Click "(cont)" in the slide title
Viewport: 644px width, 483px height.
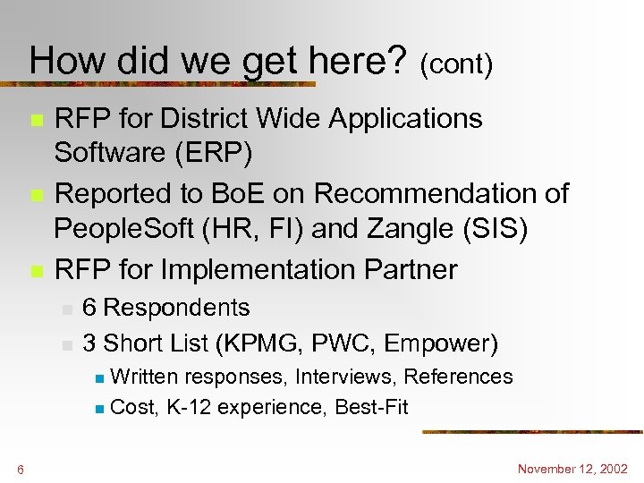[x=456, y=64]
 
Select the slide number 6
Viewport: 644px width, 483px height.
[x=20, y=470]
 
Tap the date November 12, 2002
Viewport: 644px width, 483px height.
[x=572, y=469]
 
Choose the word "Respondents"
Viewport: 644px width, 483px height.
[x=176, y=308]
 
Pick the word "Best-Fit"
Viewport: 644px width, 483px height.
[x=371, y=408]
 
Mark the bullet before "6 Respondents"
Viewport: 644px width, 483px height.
[x=66, y=309]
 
